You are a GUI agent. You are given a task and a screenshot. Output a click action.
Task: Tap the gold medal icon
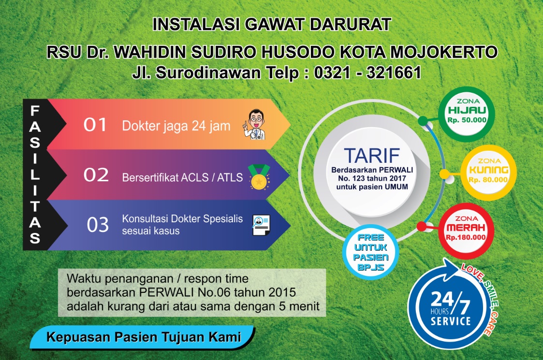point(259,177)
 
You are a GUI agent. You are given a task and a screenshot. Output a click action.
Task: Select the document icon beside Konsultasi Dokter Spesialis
point(261,225)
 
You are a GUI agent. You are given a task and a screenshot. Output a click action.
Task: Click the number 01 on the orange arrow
point(95,125)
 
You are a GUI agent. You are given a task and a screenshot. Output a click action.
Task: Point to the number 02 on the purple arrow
point(96,175)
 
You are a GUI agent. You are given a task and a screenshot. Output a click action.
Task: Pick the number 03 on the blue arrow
point(98,225)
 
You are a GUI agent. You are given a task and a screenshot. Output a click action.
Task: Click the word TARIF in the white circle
point(372,156)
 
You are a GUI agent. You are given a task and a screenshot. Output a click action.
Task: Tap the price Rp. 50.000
point(467,120)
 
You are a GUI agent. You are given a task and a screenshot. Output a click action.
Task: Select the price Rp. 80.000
point(488,180)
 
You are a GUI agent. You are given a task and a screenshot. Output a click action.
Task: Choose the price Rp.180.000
point(466,237)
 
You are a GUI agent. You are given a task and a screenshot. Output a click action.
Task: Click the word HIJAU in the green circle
point(467,111)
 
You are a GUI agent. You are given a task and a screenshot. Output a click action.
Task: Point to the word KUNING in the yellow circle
point(489,170)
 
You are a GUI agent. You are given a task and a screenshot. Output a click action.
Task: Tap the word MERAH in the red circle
point(466,228)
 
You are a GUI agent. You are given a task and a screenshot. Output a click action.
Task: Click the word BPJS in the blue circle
point(370,268)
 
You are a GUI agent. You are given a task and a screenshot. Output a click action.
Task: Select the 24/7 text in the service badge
point(450,301)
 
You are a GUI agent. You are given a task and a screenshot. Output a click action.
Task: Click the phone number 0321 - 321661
point(367,72)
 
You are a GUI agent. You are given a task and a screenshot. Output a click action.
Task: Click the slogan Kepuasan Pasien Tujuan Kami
point(144,337)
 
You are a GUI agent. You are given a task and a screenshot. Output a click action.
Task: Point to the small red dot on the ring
point(422,226)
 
